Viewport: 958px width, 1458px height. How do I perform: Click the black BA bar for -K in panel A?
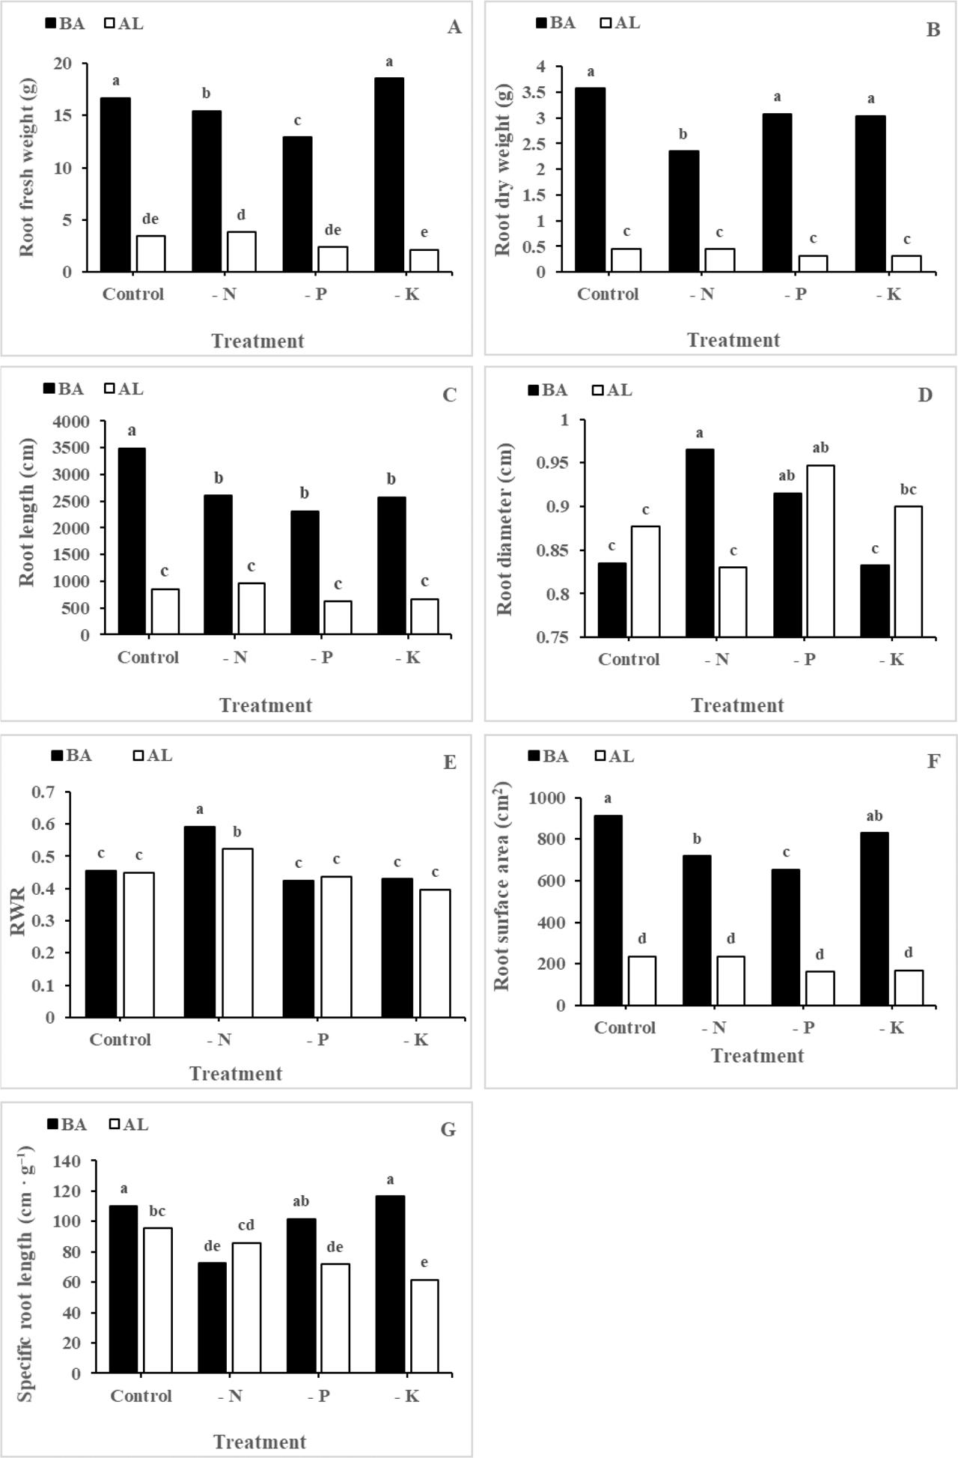pos(389,174)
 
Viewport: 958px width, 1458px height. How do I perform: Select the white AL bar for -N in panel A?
pos(242,252)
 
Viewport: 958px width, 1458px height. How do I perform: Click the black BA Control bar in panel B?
pos(591,180)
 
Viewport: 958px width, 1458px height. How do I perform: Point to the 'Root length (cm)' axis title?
pos(27,512)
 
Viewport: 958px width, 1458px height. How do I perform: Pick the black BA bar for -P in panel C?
pos(305,573)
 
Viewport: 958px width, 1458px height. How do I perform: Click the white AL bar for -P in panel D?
pos(820,551)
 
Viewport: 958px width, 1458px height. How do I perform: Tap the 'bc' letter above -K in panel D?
pos(908,490)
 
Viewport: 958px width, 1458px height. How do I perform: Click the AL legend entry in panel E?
pos(153,756)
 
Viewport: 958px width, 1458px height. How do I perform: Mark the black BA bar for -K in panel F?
pos(874,919)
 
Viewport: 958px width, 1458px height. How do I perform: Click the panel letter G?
pos(448,1129)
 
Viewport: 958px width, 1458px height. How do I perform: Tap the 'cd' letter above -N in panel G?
pos(245,1225)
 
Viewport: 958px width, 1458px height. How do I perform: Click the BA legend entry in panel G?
pos(67,1125)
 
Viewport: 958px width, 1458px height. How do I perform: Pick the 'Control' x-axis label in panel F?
pos(625,1027)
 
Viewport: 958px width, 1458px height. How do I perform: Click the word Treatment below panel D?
pos(737,705)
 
